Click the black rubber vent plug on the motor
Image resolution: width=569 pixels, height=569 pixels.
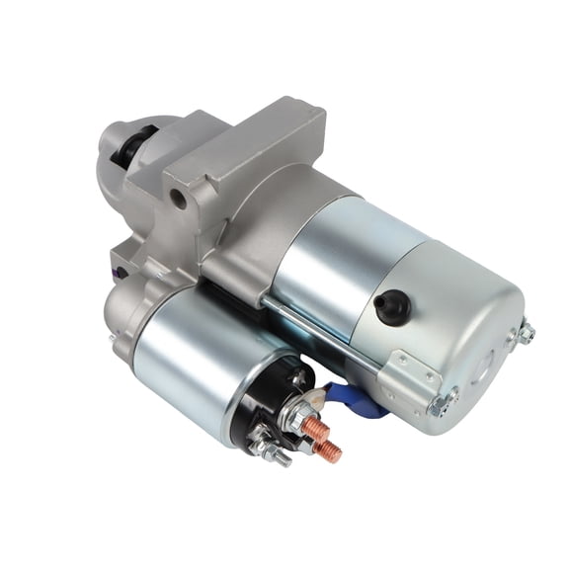tap(394, 306)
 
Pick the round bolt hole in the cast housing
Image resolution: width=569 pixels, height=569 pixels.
tap(178, 198)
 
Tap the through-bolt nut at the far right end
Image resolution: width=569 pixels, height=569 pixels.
tap(526, 333)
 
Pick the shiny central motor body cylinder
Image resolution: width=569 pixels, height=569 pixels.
tap(336, 257)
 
